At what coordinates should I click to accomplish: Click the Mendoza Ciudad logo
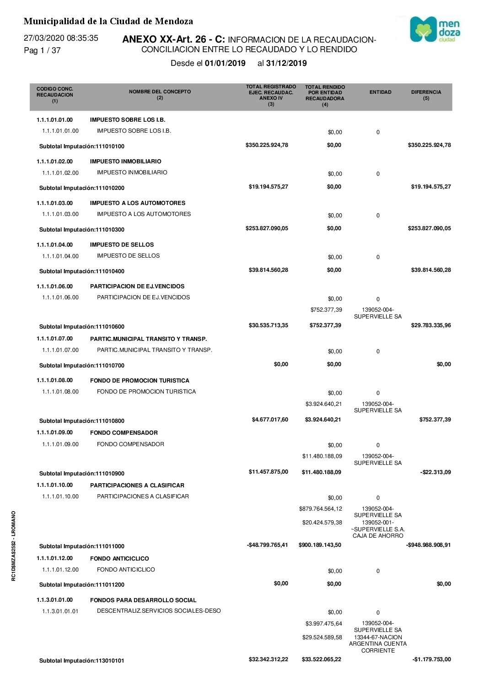[x=435, y=30]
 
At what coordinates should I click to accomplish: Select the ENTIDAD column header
[x=380, y=92]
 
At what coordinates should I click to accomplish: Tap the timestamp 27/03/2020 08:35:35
[x=61, y=38]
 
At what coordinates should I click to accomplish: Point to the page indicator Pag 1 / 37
[x=42, y=50]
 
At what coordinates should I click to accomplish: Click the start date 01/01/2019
[x=225, y=63]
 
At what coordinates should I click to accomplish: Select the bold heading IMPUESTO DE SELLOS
[x=122, y=245]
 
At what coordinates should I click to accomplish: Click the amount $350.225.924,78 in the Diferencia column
[x=429, y=145]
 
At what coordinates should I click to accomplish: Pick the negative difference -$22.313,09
[x=435, y=472]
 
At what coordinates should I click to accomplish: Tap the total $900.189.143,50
[x=320, y=545]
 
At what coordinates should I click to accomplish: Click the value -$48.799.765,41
[x=267, y=545]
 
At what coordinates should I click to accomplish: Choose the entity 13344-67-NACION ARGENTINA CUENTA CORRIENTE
[x=378, y=644]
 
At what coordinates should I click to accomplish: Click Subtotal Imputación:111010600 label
[x=81, y=327]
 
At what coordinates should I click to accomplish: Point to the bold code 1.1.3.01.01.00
[x=54, y=600]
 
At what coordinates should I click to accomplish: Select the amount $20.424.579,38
[x=322, y=523]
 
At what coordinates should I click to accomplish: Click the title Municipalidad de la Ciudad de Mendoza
[x=108, y=21]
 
